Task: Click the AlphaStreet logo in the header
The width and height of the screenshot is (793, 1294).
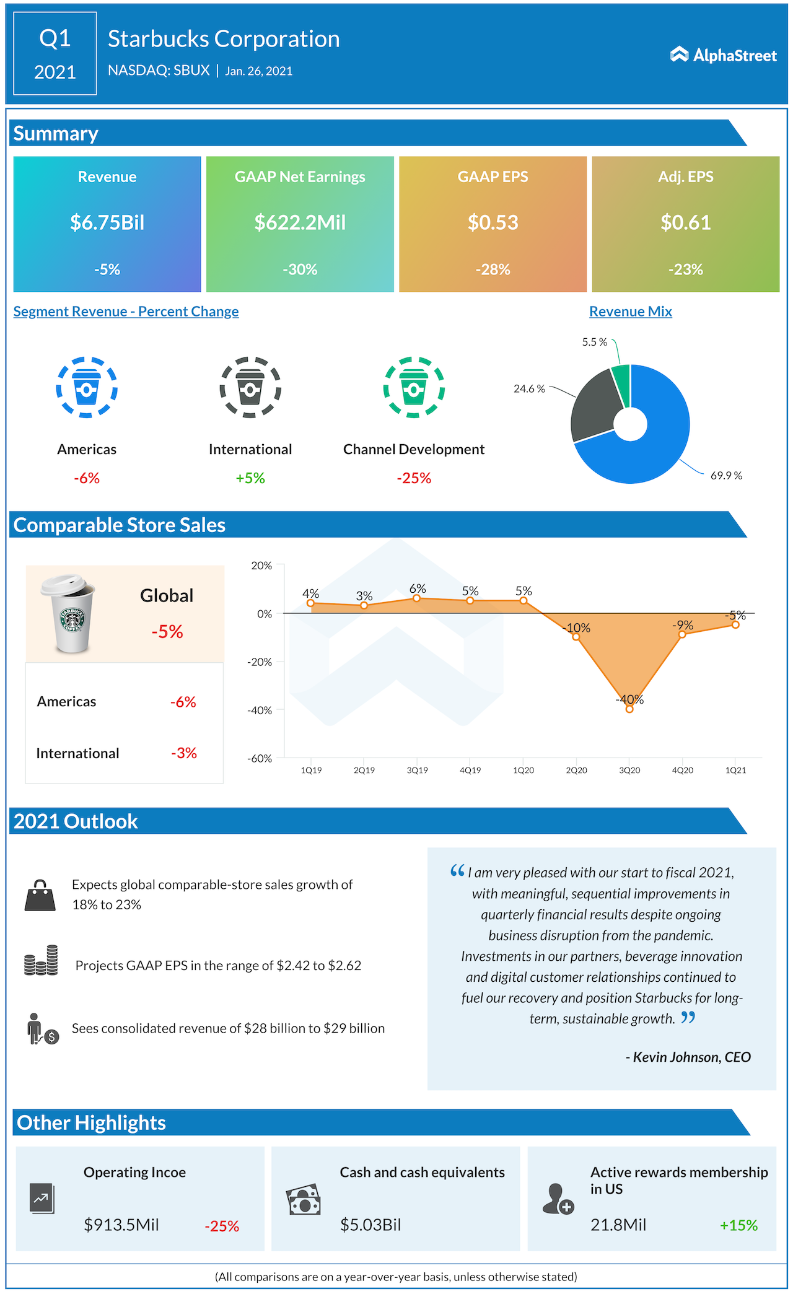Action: point(723,55)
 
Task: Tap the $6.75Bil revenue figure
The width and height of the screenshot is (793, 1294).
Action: point(107,222)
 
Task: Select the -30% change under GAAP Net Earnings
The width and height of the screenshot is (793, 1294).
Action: point(300,269)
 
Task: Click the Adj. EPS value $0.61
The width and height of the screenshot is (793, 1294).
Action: point(685,222)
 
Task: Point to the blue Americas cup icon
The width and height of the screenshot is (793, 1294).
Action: point(87,388)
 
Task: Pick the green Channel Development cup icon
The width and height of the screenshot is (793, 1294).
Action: point(414,388)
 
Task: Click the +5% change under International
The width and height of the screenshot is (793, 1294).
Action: point(250,478)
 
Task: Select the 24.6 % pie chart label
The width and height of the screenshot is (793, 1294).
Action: point(529,389)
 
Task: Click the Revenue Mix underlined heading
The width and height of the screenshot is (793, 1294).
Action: point(630,312)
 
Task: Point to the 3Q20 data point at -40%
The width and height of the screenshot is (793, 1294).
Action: point(629,709)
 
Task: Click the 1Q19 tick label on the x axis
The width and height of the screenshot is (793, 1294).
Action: point(311,771)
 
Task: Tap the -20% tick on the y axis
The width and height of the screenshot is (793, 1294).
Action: point(260,662)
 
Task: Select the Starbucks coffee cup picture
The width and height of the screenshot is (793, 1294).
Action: point(69,614)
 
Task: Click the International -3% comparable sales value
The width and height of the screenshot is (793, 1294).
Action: point(184,753)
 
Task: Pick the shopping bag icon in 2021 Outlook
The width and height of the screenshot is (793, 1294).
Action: point(40,895)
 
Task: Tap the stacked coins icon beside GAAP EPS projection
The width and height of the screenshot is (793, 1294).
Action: point(41,961)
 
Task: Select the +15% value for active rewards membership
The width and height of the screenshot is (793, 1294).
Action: point(738,1225)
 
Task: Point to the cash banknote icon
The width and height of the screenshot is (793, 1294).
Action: point(304,1200)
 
